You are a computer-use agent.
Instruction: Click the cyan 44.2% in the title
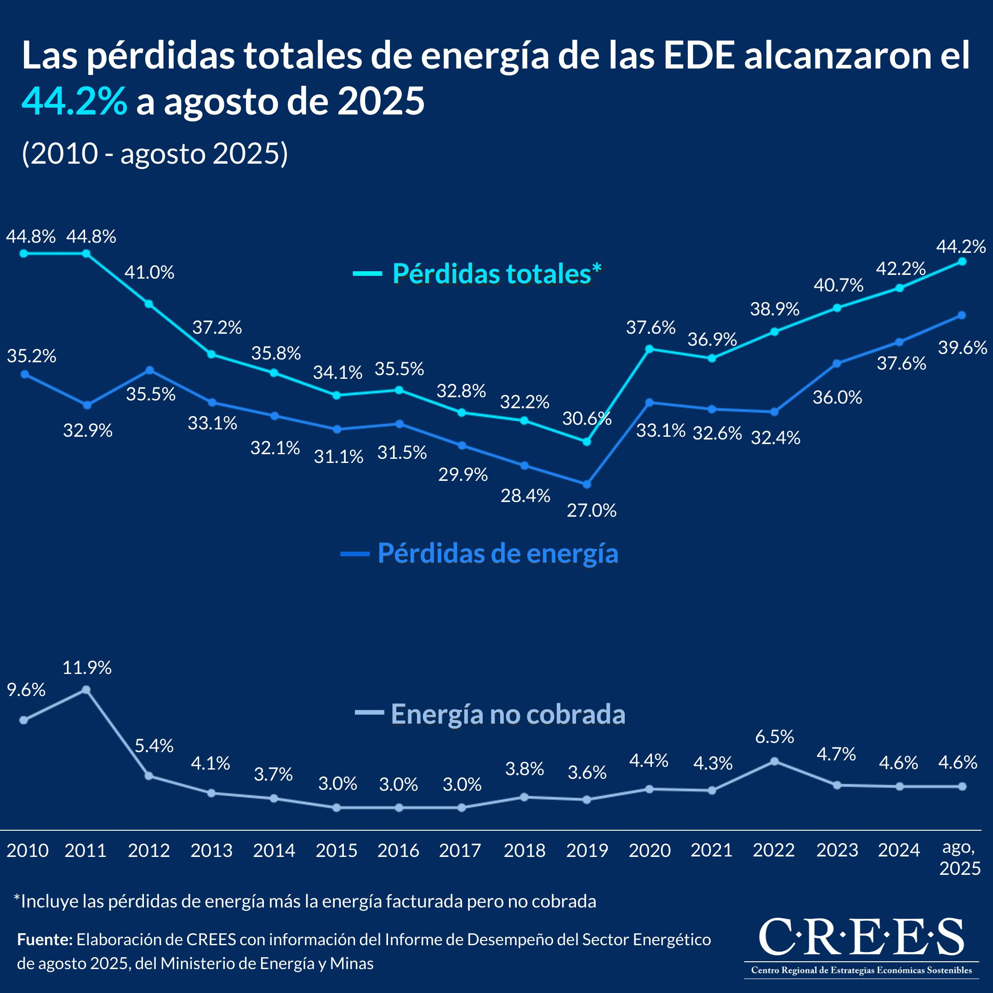tap(74, 101)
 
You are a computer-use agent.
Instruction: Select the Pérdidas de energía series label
tap(497, 554)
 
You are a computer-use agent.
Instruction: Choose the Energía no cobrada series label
tap(508, 714)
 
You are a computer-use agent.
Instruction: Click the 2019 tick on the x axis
tap(587, 850)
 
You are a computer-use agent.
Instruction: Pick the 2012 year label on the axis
tap(149, 850)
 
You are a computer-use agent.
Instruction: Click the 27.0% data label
tap(592, 510)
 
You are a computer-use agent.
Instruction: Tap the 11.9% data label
tap(87, 668)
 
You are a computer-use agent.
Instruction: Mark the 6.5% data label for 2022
tap(775, 736)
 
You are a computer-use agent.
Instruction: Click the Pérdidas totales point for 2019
tap(587, 441)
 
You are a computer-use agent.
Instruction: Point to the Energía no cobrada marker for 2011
tap(86, 690)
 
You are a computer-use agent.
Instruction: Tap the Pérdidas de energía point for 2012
tap(149, 370)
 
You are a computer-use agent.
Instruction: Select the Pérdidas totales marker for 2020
tap(649, 349)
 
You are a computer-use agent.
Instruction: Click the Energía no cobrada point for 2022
tap(775, 761)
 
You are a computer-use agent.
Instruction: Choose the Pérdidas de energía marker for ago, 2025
tap(962, 315)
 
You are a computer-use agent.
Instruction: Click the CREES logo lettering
tap(861, 937)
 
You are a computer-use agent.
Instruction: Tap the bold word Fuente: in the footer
tap(45, 940)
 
